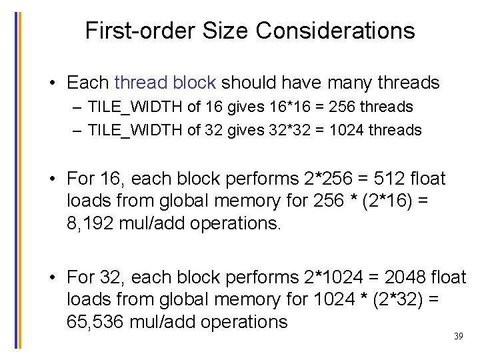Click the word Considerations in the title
click(335, 31)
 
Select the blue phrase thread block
click(165, 83)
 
